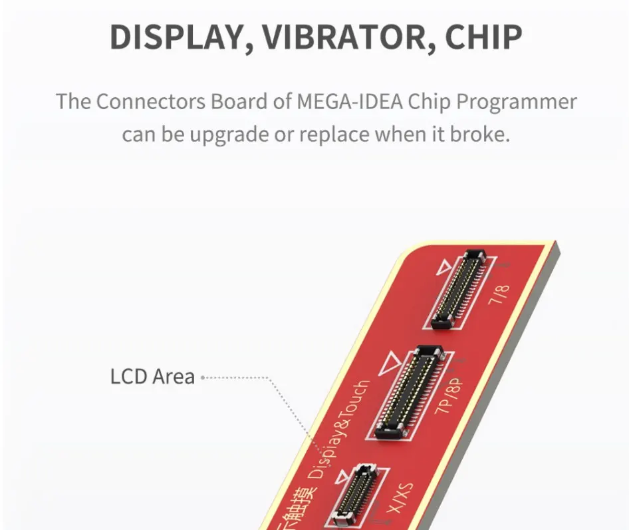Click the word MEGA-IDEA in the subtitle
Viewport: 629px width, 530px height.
click(x=349, y=103)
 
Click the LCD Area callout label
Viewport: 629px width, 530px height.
click(x=152, y=376)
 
